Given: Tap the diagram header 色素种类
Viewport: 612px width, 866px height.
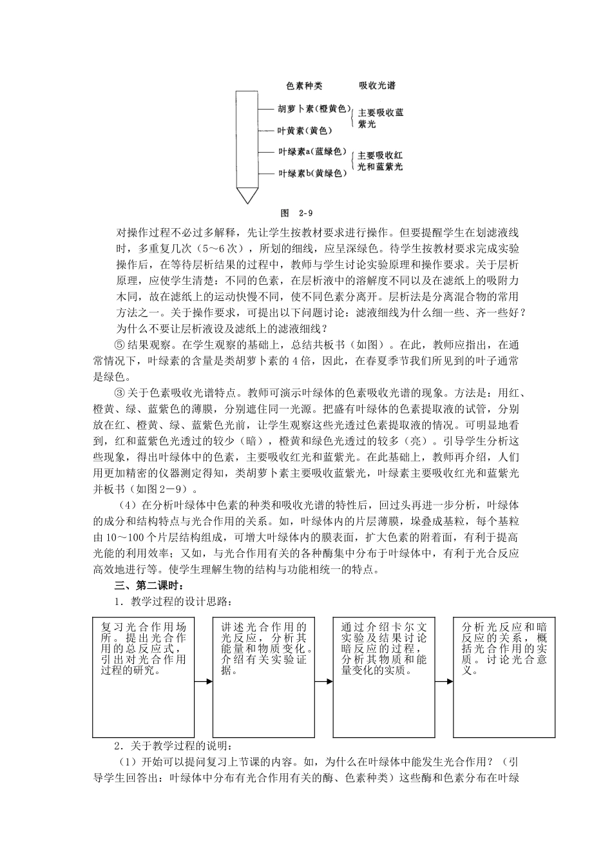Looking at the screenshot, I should [304, 86].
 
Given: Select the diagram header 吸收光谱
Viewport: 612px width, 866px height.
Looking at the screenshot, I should [377, 86].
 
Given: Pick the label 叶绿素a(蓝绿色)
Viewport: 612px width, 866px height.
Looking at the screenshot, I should [312, 152].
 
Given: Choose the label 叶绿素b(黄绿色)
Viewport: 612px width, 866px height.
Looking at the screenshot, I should [312, 173].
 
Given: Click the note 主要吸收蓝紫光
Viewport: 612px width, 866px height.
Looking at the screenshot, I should [380, 118].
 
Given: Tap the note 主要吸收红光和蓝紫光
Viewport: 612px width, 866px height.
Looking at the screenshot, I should [380, 161].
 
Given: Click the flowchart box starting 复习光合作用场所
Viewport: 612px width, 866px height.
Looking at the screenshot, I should [144, 677].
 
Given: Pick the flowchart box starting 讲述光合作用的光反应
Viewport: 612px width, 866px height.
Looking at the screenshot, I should [264, 677].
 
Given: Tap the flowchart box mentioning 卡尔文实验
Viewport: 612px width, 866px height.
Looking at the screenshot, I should [385, 677].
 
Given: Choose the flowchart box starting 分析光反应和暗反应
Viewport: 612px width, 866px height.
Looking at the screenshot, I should [504, 677].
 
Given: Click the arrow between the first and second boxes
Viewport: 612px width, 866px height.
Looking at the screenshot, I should [204, 681].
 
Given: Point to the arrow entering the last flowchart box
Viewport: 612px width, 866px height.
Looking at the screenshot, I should [445, 681].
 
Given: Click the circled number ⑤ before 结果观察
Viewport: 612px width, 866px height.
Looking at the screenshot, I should [119, 344].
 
